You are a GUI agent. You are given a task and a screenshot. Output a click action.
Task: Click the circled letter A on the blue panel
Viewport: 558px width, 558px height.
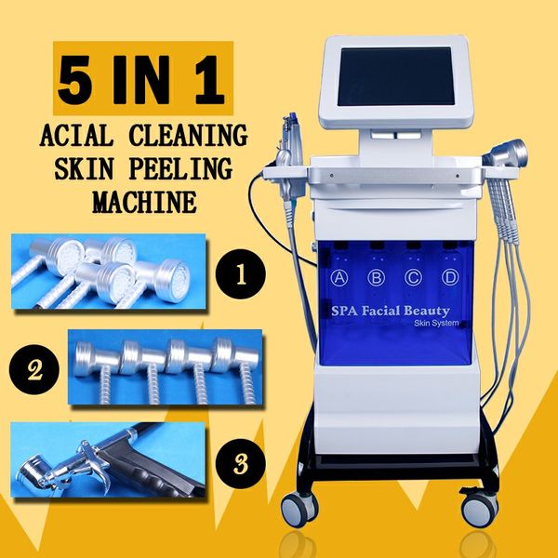[339, 277]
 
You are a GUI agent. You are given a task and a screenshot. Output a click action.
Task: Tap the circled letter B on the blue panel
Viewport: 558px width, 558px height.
[376, 277]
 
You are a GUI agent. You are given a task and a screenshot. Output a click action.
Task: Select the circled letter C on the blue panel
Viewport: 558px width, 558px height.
[413, 277]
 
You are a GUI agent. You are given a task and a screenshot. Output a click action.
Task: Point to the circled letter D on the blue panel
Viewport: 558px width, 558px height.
[450, 277]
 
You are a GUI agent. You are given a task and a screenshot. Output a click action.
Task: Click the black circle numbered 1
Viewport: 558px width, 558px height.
[241, 274]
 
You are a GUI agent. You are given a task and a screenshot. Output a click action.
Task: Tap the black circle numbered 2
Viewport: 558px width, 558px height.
[34, 369]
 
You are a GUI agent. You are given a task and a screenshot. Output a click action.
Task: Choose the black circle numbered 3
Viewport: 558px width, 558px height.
[241, 464]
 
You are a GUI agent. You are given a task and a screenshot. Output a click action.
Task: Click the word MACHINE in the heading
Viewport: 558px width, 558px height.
[144, 202]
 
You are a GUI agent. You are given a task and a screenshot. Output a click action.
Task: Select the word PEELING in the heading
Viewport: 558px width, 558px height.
[180, 168]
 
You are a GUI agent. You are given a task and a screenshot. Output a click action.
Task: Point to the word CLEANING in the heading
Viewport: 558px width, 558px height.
[188, 135]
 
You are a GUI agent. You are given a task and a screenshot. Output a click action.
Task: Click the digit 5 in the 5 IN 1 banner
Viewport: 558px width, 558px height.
[74, 80]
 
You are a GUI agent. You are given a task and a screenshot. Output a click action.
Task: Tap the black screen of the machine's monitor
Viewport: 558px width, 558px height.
[396, 76]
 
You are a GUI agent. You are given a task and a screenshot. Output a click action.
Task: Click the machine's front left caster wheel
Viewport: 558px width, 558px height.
[299, 509]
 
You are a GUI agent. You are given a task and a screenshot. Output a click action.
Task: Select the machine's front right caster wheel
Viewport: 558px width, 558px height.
[479, 509]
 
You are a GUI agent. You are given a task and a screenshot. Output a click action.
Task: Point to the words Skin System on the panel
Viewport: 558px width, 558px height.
[436, 323]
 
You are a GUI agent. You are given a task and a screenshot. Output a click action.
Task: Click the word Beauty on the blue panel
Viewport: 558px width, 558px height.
[427, 312]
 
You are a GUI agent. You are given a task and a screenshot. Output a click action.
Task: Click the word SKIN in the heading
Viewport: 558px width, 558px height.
[84, 168]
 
